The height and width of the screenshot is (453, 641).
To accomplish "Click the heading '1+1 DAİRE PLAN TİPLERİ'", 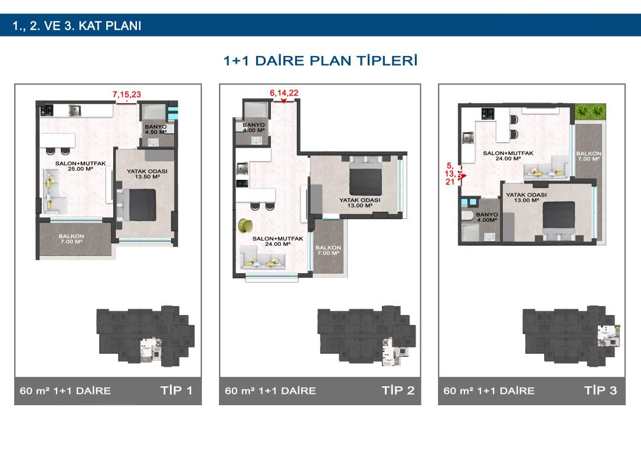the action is tap(320, 61).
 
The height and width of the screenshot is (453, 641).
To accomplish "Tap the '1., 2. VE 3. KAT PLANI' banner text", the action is tap(77, 26).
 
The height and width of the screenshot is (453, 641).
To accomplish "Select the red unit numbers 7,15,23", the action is tap(127, 94).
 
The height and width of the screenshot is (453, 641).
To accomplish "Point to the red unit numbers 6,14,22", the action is tap(284, 93).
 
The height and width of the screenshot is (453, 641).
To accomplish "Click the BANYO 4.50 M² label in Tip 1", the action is tap(156, 130).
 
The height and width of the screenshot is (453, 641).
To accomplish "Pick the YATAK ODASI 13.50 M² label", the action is tap(147, 174).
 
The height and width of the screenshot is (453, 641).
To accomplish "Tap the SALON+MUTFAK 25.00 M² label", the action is tap(80, 166).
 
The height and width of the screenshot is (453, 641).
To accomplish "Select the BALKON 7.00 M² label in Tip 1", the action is tap(71, 239).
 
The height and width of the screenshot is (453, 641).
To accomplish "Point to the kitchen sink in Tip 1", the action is tap(75, 110).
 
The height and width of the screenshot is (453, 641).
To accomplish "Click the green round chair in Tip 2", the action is tap(246, 225).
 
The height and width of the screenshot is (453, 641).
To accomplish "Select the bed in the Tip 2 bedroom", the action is tap(365, 176).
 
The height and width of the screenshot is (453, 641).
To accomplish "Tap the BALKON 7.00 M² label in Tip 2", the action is tap(328, 251).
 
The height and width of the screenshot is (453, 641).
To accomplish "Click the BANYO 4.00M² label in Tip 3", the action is tap(487, 217).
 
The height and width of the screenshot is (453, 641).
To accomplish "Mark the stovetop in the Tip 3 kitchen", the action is tap(488, 114).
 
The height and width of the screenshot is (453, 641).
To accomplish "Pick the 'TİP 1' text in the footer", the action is tap(176, 390).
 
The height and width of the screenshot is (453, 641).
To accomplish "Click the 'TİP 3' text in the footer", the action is tap(600, 390).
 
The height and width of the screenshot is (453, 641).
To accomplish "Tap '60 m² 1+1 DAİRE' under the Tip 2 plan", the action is tap(271, 391).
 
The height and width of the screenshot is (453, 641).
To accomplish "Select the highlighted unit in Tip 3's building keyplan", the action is tap(609, 336).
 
